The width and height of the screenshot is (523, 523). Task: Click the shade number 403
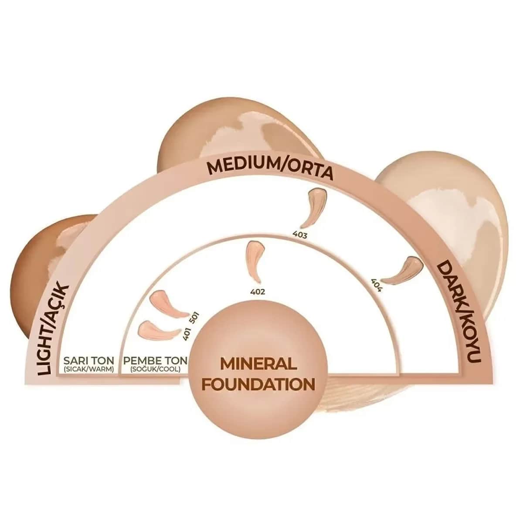[300, 235]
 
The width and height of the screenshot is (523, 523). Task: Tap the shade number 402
[258, 292]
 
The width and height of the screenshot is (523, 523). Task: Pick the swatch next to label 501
[168, 304]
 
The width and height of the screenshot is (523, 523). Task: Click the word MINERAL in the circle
[258, 364]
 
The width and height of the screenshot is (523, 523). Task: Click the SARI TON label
[89, 361]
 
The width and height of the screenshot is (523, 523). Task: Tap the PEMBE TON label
[155, 361]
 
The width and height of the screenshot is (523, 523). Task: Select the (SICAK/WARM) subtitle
[88, 370]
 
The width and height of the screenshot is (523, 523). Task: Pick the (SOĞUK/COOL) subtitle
[155, 370]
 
